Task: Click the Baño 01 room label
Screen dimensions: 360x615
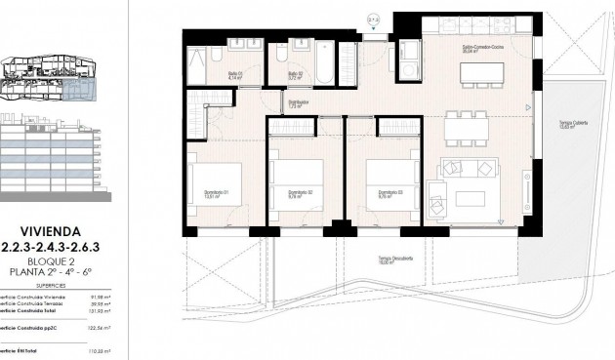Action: [236, 73]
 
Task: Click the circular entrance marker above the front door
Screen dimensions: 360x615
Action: [372, 20]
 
